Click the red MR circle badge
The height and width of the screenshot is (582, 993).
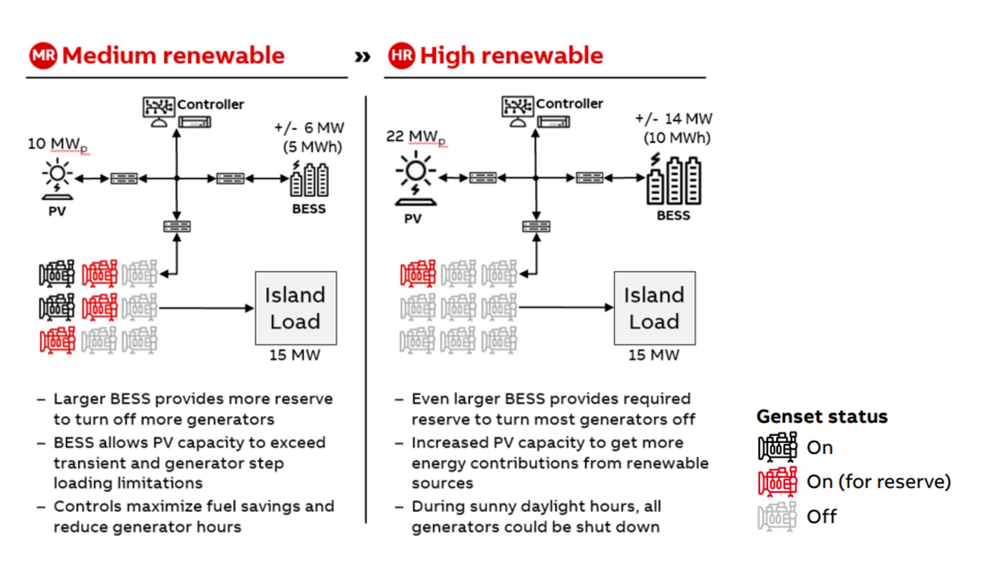[x=43, y=55]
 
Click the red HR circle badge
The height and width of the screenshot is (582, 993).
[x=401, y=55]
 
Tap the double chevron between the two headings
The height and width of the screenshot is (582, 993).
[x=362, y=56]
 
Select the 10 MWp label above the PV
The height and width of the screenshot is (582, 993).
[x=57, y=144]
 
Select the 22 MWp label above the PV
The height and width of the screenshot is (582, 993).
[x=416, y=137]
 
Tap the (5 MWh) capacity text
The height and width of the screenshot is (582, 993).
[x=312, y=147]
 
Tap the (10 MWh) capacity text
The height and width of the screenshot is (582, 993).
[x=677, y=138]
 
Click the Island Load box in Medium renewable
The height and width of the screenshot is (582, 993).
[x=296, y=308]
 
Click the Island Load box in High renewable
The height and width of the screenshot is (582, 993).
[x=654, y=308]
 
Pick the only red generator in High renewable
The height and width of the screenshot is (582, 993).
[x=418, y=274]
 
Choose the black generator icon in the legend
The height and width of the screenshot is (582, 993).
[x=777, y=447]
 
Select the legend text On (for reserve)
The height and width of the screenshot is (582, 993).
[x=878, y=482]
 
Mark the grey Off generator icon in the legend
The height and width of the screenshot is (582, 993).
[x=777, y=516]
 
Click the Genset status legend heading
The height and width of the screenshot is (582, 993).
[x=822, y=416]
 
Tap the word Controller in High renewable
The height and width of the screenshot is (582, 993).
[x=569, y=104]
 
